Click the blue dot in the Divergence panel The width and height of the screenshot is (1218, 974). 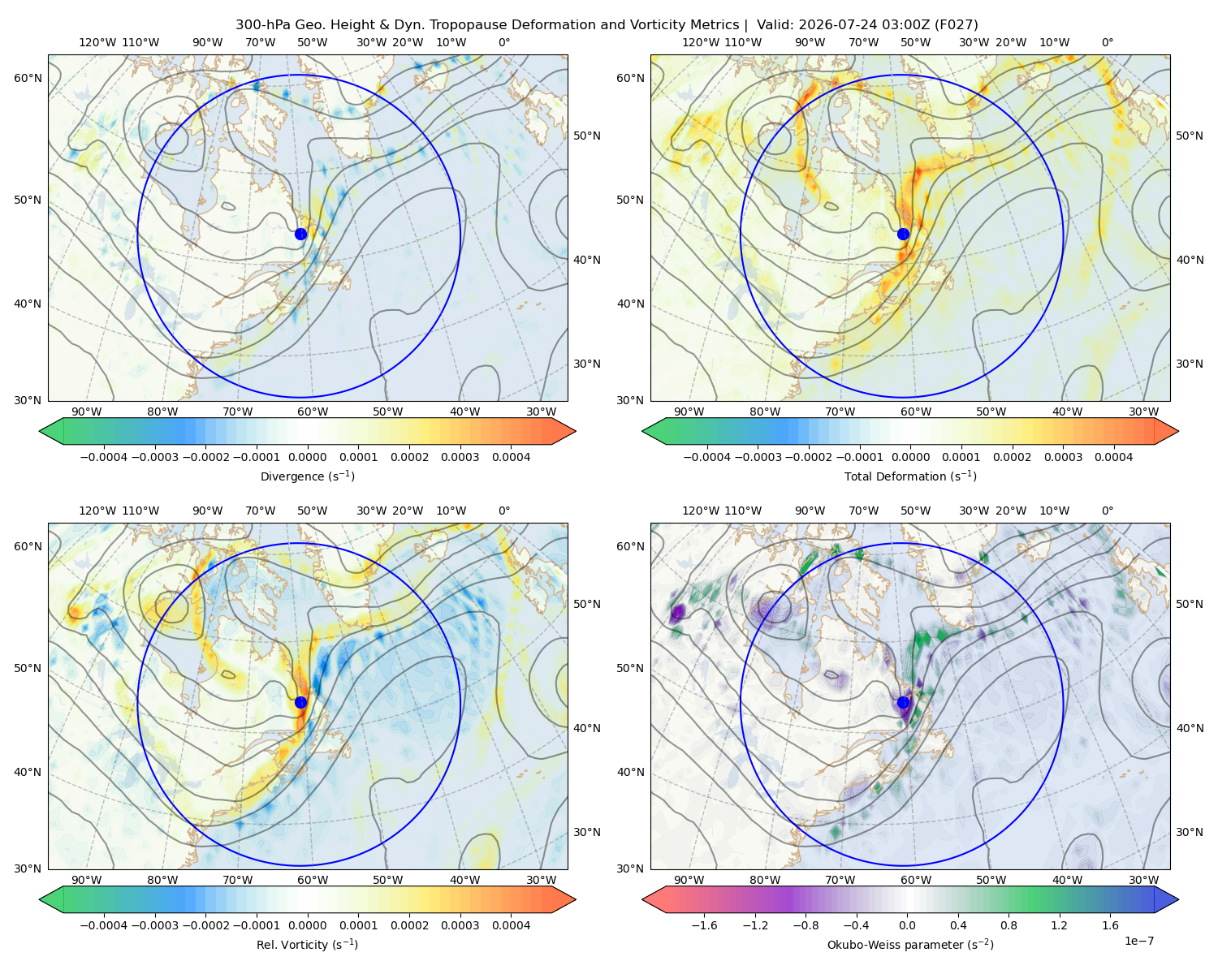click(300, 234)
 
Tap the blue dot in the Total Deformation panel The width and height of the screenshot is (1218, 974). click(903, 234)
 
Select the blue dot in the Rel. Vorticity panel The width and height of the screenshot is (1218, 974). click(300, 702)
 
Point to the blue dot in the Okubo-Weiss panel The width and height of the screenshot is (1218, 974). click(903, 702)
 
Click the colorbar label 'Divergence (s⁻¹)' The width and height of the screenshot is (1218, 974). click(307, 476)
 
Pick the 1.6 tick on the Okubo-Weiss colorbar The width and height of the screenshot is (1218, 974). click(1111, 925)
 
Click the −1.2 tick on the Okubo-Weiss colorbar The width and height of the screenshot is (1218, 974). click(754, 925)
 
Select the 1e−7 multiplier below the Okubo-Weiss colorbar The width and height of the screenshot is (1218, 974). click(1138, 941)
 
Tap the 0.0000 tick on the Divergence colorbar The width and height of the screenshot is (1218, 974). click(307, 457)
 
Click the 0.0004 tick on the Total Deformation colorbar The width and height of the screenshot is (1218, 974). click(1114, 457)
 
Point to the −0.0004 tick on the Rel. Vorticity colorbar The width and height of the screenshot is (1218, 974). click(104, 925)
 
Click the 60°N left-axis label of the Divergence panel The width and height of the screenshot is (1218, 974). click(28, 78)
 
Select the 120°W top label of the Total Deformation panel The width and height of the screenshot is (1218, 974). click(701, 42)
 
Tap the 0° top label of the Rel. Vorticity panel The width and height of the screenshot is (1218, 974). click(504, 511)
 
